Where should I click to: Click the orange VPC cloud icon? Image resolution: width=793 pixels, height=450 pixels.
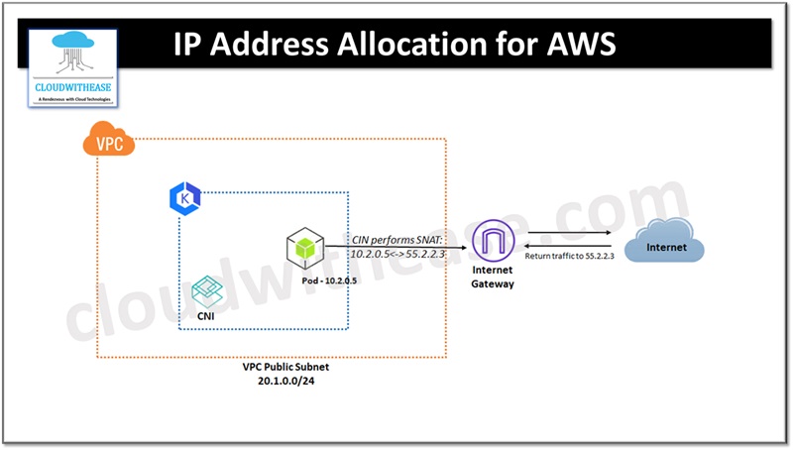coord(107,143)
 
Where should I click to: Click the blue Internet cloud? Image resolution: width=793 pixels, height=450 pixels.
coord(665,245)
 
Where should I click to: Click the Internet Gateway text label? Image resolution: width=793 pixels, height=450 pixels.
coord(492,277)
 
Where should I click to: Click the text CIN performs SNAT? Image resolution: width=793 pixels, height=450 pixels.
coord(396,240)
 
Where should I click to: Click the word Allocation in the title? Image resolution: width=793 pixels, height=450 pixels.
coord(410,46)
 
